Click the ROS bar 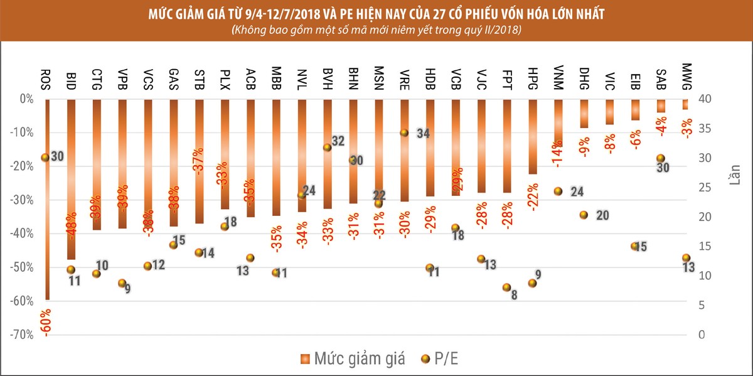click(47, 239)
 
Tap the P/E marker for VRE click(404, 132)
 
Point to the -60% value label click(46, 323)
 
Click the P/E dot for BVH click(327, 148)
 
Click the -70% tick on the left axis click(23, 335)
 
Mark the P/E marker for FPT click(506, 287)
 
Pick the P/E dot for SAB click(660, 158)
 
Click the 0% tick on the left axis click(26, 99)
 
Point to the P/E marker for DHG click(583, 215)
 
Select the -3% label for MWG click(687, 129)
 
